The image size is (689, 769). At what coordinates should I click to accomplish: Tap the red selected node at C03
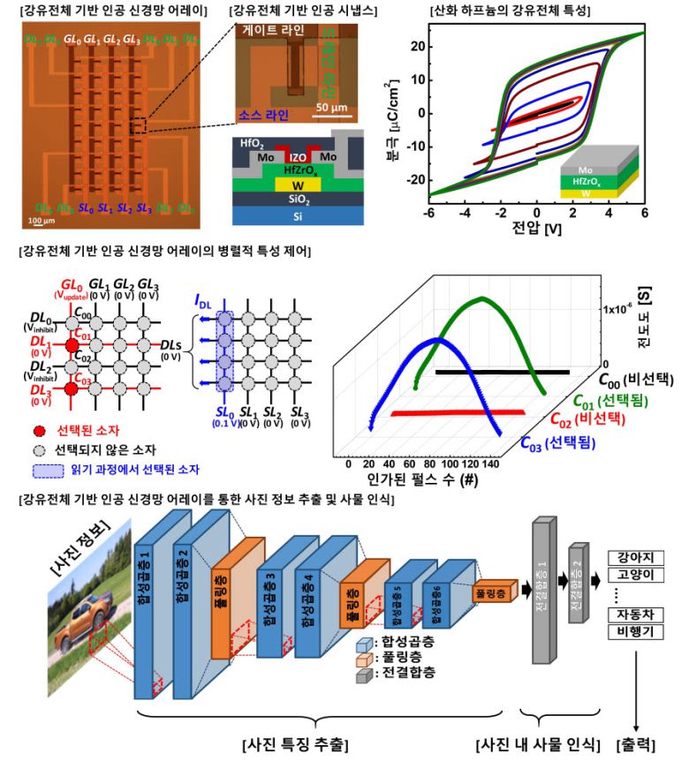tap(72, 388)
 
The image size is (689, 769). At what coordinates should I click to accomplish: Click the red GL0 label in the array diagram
tap(72, 285)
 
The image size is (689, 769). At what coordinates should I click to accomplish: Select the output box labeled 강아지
tap(639, 558)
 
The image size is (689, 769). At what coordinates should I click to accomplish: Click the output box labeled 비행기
tap(639, 630)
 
